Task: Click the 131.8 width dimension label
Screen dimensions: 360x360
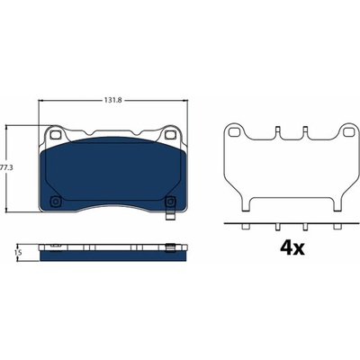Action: (112, 101)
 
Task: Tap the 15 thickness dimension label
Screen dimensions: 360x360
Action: (18, 253)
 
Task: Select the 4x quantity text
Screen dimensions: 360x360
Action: (292, 247)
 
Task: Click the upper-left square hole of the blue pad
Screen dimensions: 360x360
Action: (55, 135)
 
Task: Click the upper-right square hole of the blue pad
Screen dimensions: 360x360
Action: (169, 135)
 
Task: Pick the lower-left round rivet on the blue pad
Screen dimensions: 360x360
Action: (55, 202)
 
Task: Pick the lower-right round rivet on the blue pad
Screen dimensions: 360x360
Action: (170, 202)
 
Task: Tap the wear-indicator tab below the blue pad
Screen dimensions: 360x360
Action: (170, 217)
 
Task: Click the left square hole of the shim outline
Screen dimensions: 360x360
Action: (233, 131)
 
